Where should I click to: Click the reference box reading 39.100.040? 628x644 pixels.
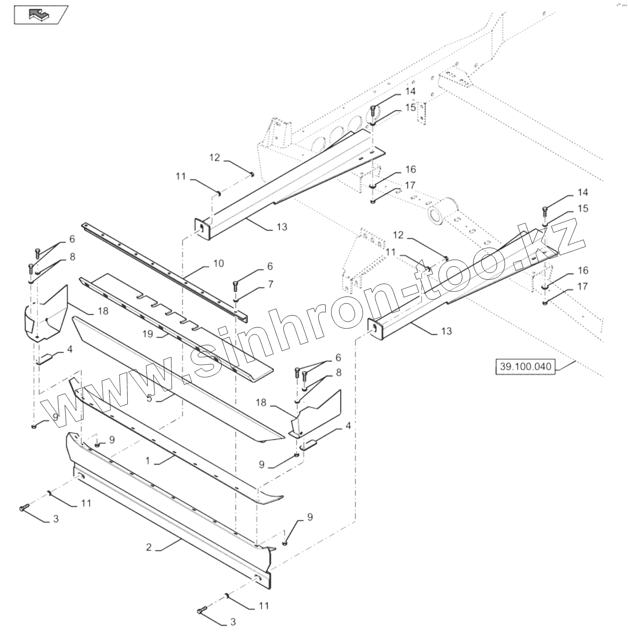tap(525, 366)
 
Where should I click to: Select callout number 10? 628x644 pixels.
tap(218, 263)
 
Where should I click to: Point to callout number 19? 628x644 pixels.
tap(147, 334)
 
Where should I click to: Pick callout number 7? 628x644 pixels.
tap(270, 284)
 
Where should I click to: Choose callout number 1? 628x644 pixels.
tap(147, 460)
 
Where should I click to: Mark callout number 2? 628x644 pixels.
tap(149, 547)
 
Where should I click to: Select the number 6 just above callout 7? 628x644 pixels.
tap(270, 266)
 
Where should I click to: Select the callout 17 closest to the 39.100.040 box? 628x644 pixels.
tap(583, 286)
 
